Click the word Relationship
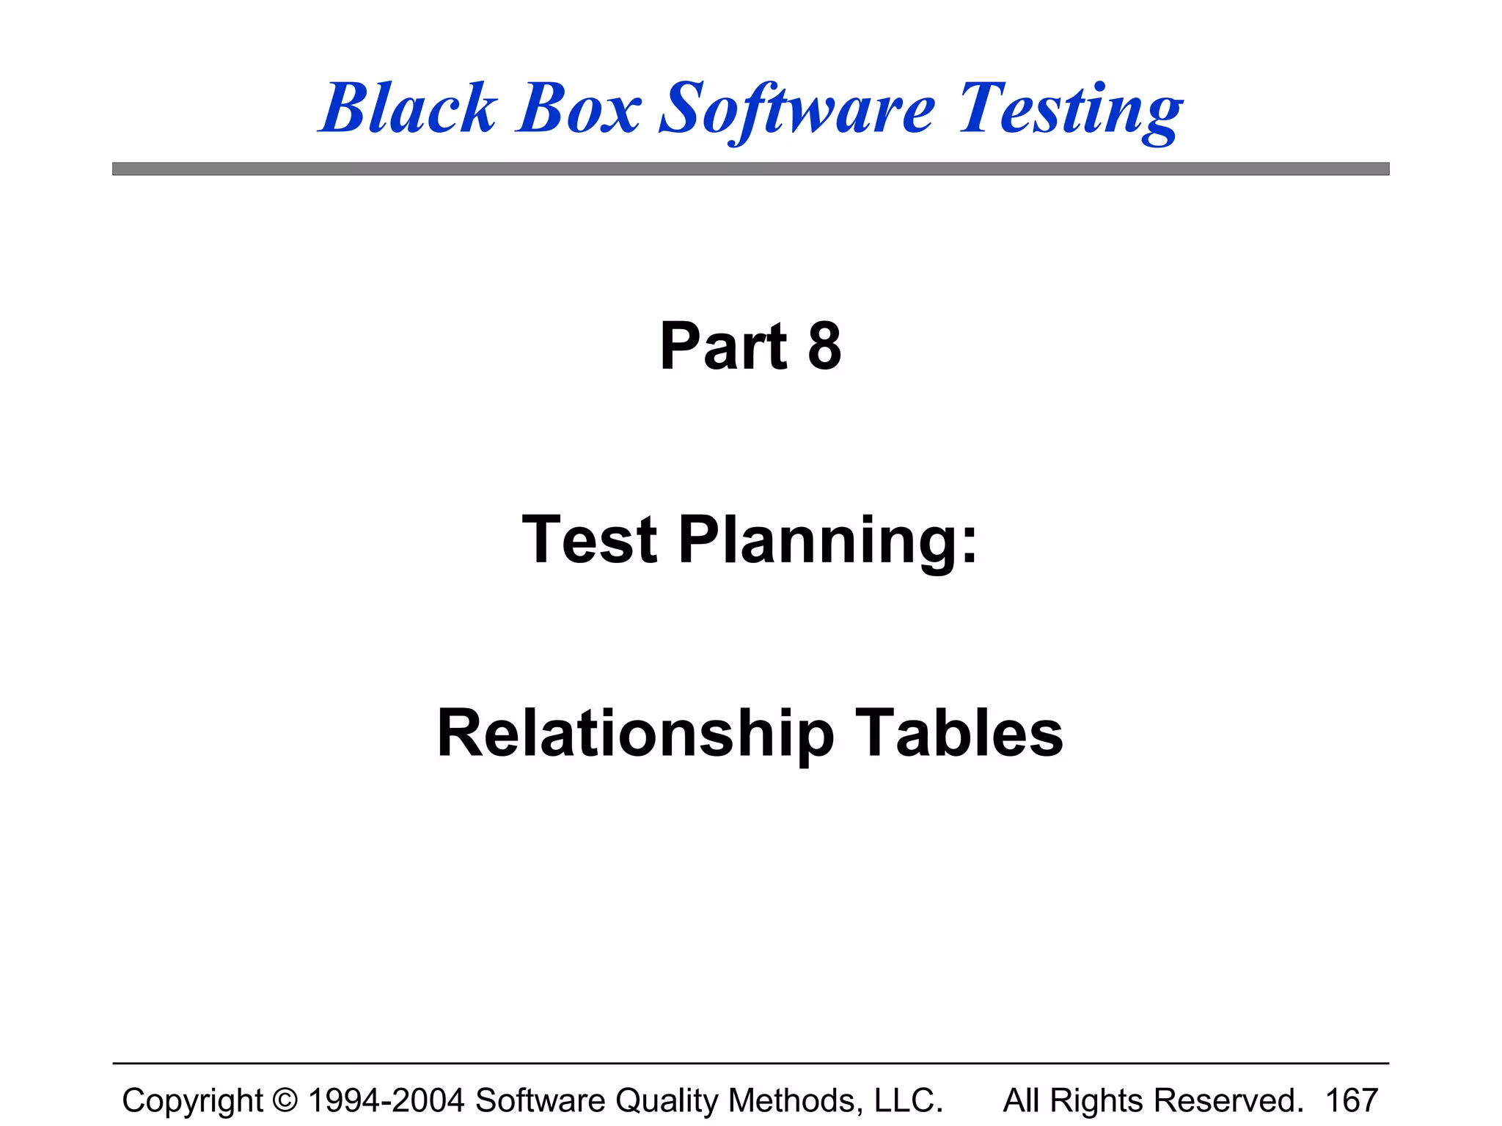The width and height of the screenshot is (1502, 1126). (635, 734)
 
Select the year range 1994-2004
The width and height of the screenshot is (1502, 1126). (387, 1100)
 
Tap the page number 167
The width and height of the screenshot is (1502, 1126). (1352, 1100)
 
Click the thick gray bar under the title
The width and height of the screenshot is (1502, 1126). (750, 169)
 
